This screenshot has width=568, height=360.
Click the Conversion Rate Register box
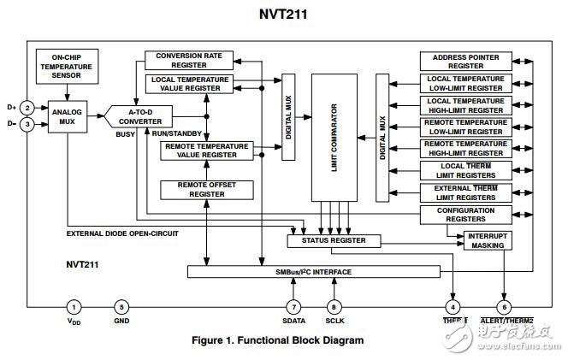(188, 60)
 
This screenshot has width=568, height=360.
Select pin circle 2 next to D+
(27, 108)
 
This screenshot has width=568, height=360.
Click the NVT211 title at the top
(283, 15)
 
